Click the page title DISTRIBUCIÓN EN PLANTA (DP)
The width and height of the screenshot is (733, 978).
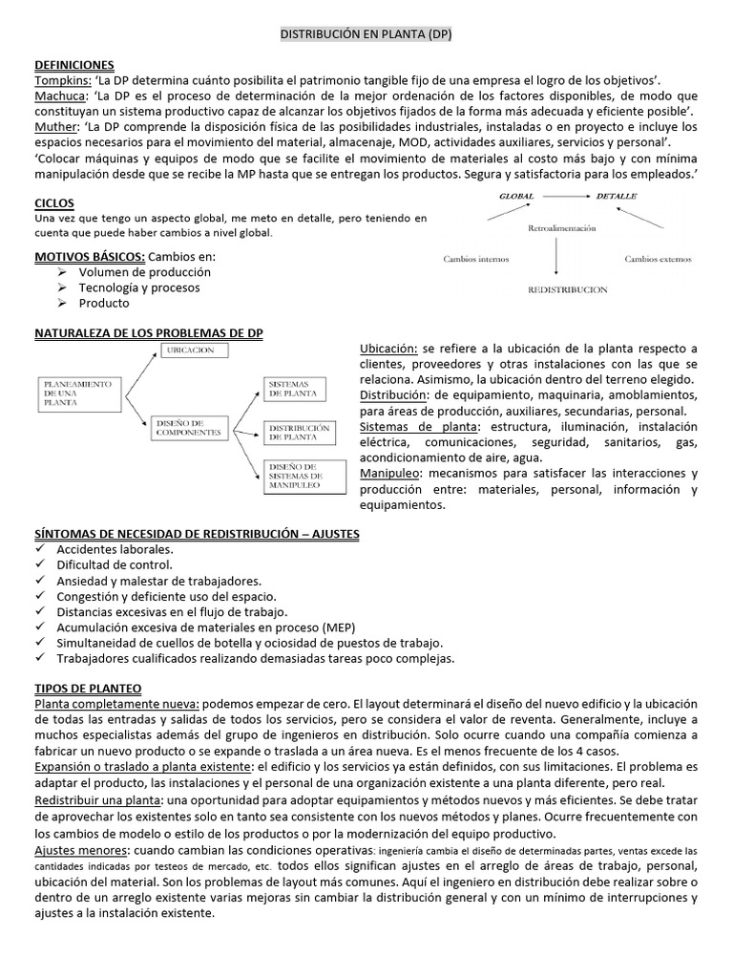pos(366,33)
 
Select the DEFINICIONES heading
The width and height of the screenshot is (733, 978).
pos(73,64)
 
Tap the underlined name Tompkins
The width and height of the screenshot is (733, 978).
pos(62,80)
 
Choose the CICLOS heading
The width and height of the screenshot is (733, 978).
pos(53,203)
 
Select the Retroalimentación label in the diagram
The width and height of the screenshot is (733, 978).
pos(561,228)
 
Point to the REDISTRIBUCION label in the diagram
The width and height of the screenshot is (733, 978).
pos(567,288)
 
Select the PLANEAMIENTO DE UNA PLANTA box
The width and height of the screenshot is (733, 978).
pos(77,392)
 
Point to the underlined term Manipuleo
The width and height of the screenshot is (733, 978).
pos(391,473)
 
